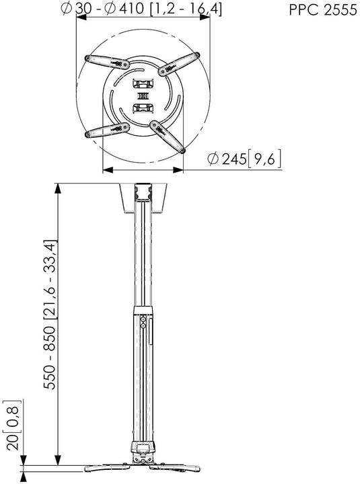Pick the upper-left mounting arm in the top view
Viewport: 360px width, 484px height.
[x=108, y=61]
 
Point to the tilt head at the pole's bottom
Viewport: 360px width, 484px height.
[x=143, y=452]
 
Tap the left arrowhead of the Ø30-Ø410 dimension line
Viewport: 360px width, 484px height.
[x=79, y=18]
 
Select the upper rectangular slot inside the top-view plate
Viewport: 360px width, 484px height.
[x=143, y=85]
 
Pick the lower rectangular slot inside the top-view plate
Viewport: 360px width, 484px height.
[x=143, y=108]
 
